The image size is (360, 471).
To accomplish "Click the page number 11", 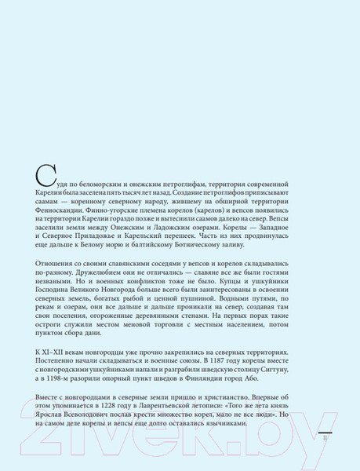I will pos(323,440).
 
